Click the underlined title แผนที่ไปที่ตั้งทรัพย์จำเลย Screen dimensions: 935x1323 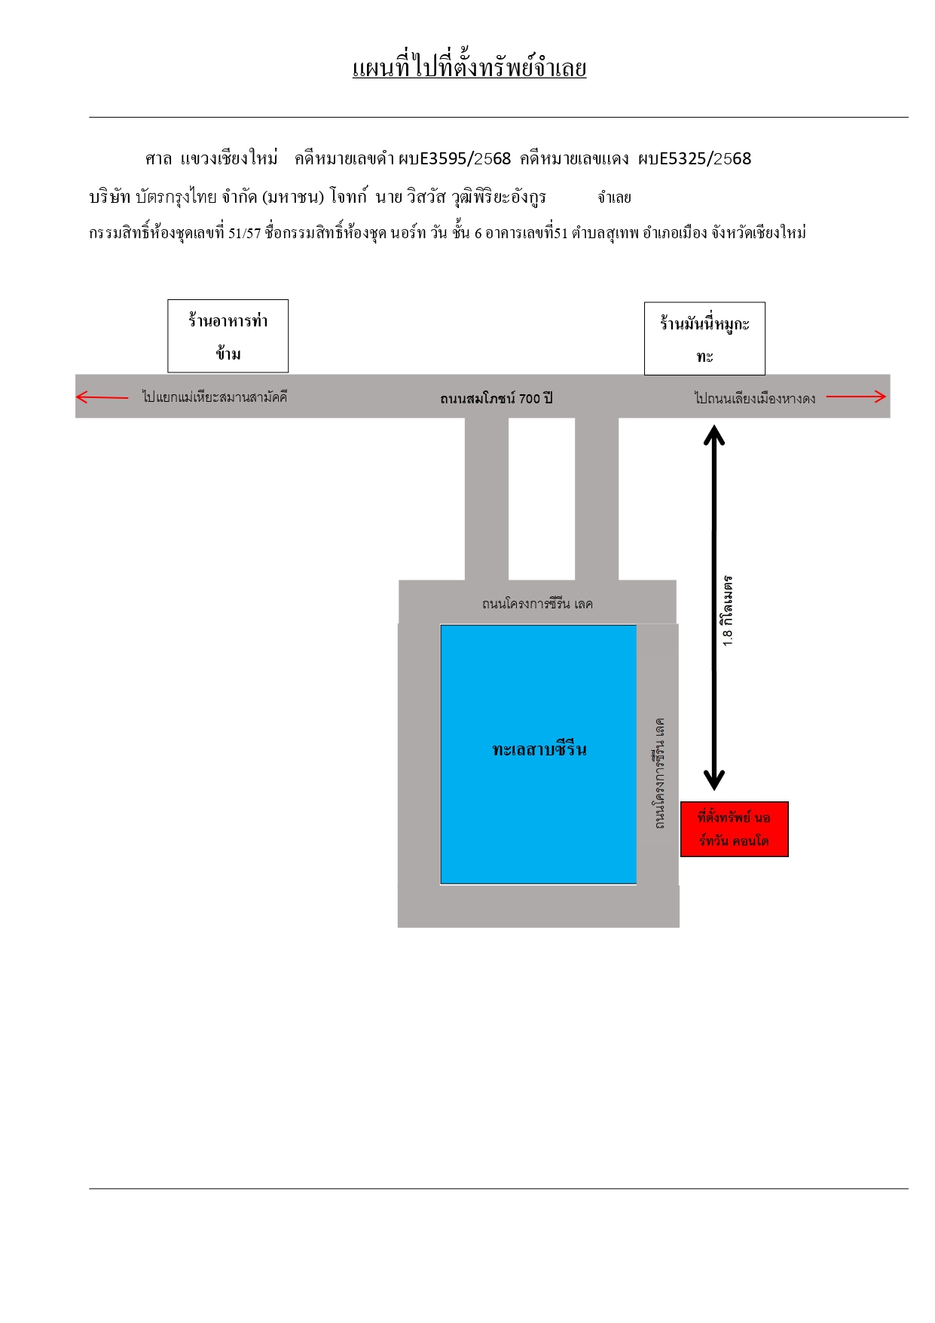pos(469,68)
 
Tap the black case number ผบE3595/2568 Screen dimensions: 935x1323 pos(455,158)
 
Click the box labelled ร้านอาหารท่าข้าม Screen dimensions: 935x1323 pos(228,336)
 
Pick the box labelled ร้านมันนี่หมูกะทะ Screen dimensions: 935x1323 pos(704,338)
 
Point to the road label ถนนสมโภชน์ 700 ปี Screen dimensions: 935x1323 pos(497,398)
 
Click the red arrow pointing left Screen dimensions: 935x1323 pos(102,397)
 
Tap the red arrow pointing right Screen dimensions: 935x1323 pos(856,397)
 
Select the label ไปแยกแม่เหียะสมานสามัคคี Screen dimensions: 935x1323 pos(215,397)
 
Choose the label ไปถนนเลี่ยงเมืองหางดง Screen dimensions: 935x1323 pos(755,398)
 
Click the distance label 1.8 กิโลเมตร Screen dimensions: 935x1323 pos(727,611)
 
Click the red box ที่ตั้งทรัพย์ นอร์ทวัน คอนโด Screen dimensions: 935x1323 pos(735,829)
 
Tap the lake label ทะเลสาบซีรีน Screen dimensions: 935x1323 pos(539,749)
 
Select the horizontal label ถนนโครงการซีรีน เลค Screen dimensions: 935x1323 pos(537,604)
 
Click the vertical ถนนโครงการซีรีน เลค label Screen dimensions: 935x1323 pos(659,773)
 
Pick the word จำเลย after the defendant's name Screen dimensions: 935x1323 pos(614,198)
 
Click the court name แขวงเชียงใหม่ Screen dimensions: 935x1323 pos(229,158)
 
